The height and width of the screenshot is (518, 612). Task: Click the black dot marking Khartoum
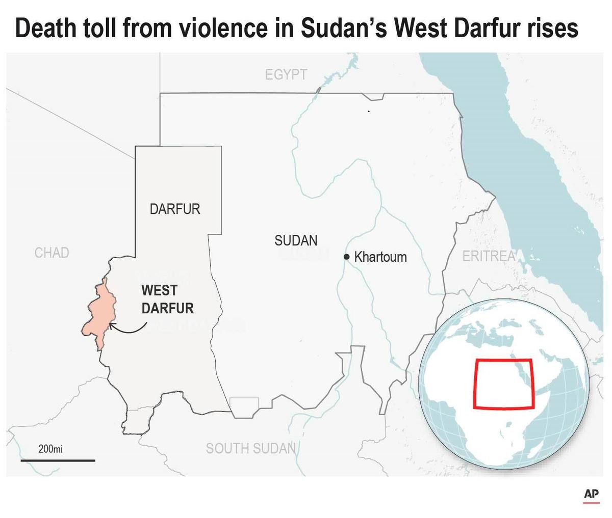[x=347, y=257]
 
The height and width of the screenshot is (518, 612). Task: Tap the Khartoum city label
[x=380, y=257]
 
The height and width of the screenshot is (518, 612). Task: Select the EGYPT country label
[x=286, y=75]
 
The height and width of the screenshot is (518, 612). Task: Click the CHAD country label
[x=52, y=253]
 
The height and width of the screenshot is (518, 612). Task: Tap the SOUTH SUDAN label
[x=250, y=448]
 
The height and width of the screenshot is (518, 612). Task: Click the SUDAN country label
[x=296, y=240]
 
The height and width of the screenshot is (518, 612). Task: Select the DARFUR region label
[x=175, y=209]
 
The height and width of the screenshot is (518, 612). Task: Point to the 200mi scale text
[x=50, y=449]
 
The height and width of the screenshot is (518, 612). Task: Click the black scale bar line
[x=58, y=460]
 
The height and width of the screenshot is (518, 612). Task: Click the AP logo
[x=591, y=494]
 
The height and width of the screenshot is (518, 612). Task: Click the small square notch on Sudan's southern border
[x=244, y=405]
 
